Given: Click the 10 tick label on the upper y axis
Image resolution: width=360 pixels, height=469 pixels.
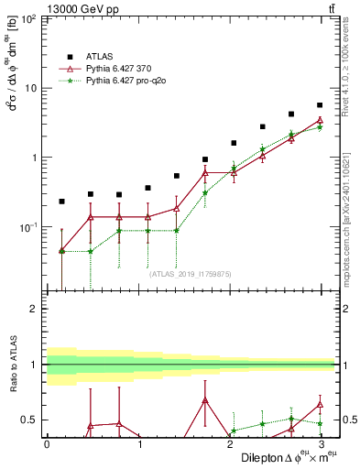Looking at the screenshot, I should coord(28,88).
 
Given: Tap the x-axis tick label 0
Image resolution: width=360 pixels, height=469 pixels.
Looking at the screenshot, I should coord(47,443).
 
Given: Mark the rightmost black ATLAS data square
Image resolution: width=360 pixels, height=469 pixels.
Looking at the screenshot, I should coord(320,105).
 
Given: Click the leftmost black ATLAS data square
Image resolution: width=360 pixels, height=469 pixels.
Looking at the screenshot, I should coord(61,201).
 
